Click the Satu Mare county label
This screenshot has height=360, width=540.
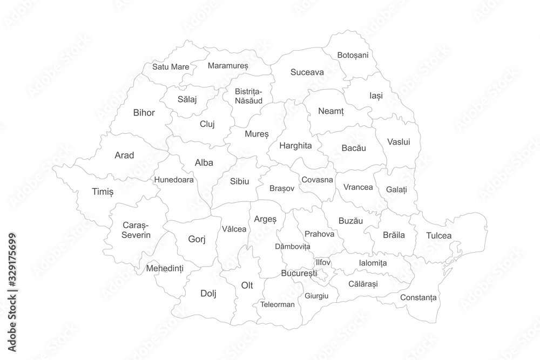coord(171,67)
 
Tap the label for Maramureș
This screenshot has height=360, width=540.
coord(228,66)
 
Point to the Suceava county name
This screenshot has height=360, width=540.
coord(307,72)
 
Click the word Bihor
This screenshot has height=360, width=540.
coord(144,113)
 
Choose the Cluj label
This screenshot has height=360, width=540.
coord(207,124)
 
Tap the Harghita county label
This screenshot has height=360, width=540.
coord(295,145)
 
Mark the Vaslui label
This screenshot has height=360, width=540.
coord(399,142)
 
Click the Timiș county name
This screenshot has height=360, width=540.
coord(103,192)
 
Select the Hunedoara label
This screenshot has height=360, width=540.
coord(174,180)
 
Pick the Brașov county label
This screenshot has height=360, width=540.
coord(282,188)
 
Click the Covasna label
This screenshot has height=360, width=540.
coord(317,179)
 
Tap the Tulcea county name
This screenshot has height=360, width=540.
coord(438,235)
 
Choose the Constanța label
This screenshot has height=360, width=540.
coord(418,297)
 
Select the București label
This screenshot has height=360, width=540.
coord(299,274)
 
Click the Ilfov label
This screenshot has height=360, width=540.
coord(322,262)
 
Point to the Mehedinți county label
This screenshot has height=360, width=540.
coord(165,268)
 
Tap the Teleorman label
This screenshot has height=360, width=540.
coord(278,304)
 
